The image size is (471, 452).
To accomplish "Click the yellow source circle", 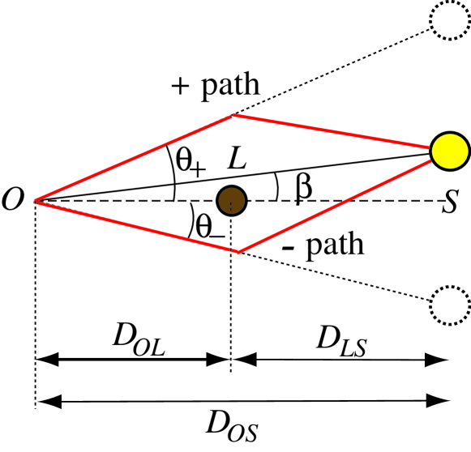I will pyautogui.click(x=449, y=151).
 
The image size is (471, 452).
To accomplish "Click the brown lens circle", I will pyautogui.click(x=232, y=199).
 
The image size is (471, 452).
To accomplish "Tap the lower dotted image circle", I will pyautogui.click(x=449, y=305).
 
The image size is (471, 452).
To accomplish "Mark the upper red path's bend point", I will pyautogui.click(x=233, y=116).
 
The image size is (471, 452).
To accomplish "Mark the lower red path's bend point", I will pyautogui.click(x=237, y=251).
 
